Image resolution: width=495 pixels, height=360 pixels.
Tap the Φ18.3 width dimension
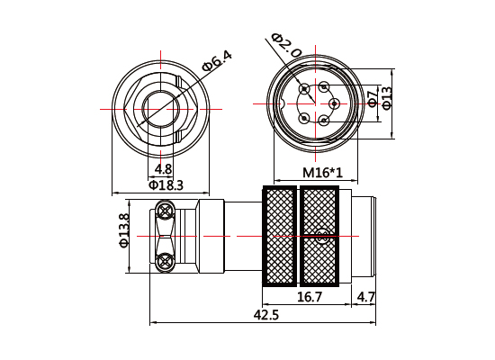click(166, 185)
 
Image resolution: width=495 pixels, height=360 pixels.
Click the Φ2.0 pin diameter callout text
click(286, 46)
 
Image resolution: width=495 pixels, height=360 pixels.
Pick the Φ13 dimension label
click(386, 97)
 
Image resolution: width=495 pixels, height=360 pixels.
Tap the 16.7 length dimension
click(310, 297)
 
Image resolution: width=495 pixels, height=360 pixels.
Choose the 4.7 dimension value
click(366, 297)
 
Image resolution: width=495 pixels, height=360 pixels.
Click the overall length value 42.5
click(266, 315)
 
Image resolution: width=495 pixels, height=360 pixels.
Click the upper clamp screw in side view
click(165, 211)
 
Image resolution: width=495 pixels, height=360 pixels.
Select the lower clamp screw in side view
click(165, 262)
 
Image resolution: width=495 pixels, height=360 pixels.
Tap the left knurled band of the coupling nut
click(279, 236)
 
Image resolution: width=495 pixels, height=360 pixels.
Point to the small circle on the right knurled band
click(320, 237)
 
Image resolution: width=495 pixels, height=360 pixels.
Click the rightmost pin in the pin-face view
click(334, 103)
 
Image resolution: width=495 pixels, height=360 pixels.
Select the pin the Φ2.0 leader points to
click(305, 88)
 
